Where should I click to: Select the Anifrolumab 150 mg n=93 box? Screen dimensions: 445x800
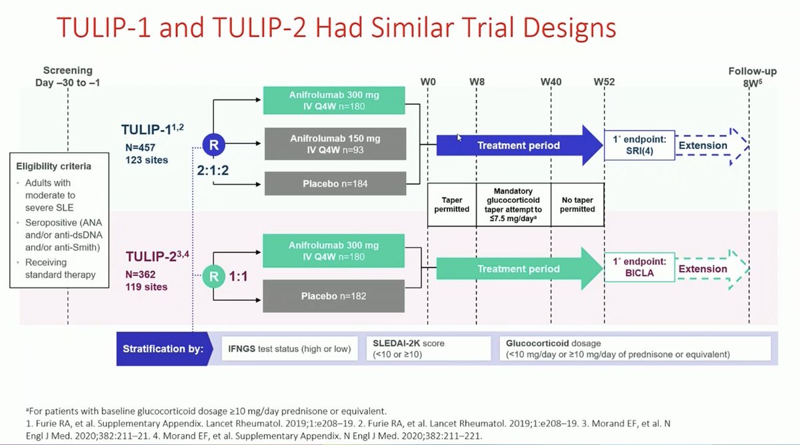[x=335, y=144]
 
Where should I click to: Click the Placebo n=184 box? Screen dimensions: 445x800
[x=335, y=183]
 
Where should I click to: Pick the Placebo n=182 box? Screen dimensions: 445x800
[x=335, y=296]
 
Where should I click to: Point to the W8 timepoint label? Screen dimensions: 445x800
[x=477, y=81]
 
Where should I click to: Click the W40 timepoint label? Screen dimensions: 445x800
[x=551, y=81]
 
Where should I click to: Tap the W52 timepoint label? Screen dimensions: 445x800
[x=604, y=81]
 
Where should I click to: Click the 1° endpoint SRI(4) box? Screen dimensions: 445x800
[x=639, y=145]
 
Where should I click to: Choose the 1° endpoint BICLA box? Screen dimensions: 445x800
[x=639, y=269]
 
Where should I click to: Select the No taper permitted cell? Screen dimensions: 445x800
[x=577, y=204]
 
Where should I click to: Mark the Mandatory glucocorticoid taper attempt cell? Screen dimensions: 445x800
[x=513, y=204]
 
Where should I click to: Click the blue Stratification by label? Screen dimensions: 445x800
[x=163, y=348]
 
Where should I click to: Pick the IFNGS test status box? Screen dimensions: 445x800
[x=291, y=348]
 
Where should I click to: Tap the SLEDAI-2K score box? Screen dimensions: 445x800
[x=429, y=348]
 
